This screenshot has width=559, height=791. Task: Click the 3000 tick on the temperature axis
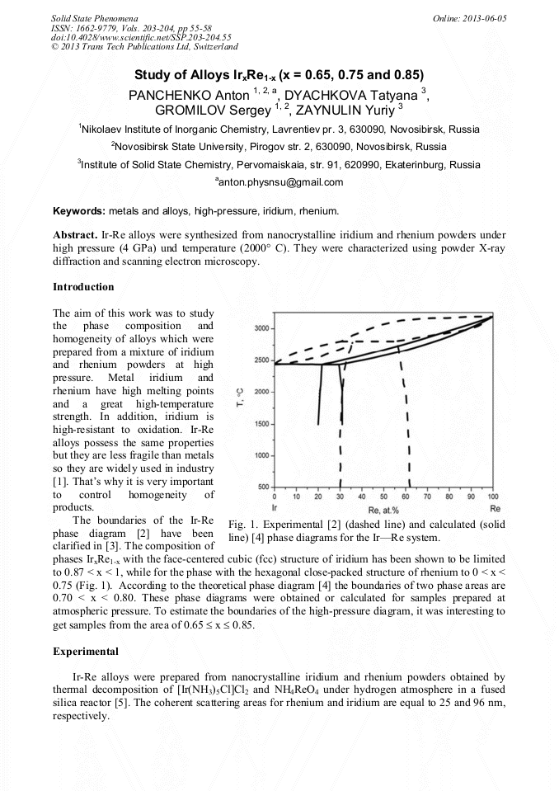[261, 329]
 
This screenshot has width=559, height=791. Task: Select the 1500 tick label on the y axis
[261, 424]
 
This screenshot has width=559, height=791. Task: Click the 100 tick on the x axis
[492, 497]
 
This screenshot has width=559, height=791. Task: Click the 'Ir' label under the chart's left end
[274, 508]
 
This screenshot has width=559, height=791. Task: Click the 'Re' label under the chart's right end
[493, 508]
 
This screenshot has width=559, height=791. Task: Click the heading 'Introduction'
[83, 287]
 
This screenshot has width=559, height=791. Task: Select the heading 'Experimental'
[83, 651]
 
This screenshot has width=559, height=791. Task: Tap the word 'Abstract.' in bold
[74, 234]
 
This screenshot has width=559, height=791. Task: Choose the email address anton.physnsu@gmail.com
[279, 182]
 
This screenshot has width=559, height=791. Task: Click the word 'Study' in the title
[156, 74]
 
